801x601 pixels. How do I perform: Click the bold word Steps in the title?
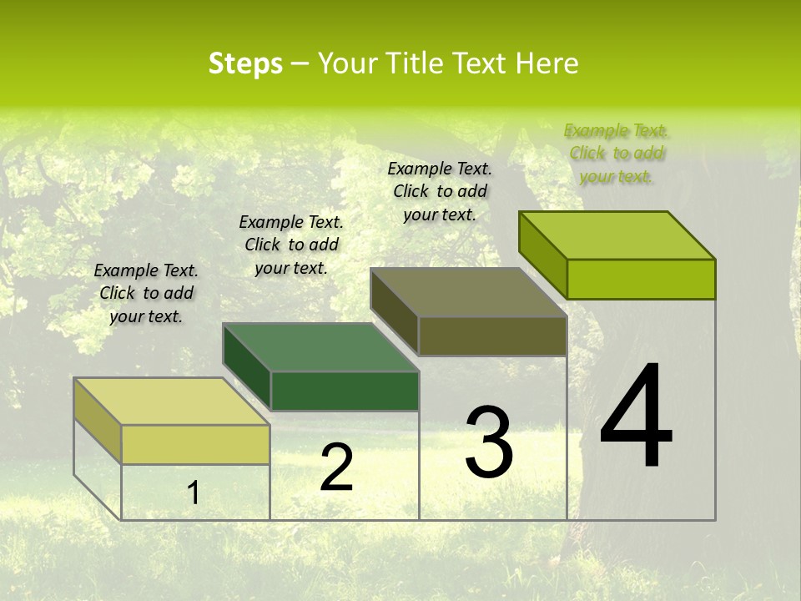[x=245, y=63]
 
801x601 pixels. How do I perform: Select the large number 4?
[x=636, y=417]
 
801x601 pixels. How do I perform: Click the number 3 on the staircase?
[x=489, y=442]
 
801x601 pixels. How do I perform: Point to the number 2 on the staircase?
[x=336, y=467]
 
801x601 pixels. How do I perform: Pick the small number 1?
[x=193, y=492]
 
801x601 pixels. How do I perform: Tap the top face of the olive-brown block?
[x=469, y=292]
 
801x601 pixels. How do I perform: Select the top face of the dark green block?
[x=321, y=347]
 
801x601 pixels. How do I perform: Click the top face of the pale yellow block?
[x=172, y=402]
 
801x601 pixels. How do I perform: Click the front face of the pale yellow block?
[x=195, y=444]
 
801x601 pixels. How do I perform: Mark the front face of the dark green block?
[x=345, y=391]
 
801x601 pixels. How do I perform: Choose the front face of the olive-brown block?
[x=492, y=336]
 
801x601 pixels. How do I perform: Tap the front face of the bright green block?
[x=641, y=279]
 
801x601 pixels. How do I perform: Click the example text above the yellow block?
[x=146, y=293]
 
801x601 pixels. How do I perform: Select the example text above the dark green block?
[x=291, y=245]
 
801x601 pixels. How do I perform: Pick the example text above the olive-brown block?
[x=440, y=191]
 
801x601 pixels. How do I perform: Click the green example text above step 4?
[x=617, y=153]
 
